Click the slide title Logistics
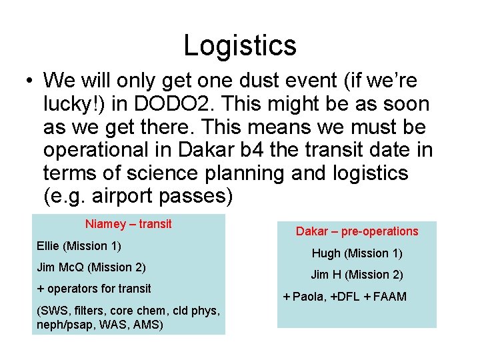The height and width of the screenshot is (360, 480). click(240, 45)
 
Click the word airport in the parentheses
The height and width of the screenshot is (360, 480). click(122, 197)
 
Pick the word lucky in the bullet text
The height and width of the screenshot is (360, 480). click(71, 104)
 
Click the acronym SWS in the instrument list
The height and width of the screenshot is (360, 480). click(53, 310)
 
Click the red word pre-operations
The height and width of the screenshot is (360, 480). click(379, 231)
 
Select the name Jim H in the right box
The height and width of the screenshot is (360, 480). click(327, 275)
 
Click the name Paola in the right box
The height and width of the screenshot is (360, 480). click(307, 297)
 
